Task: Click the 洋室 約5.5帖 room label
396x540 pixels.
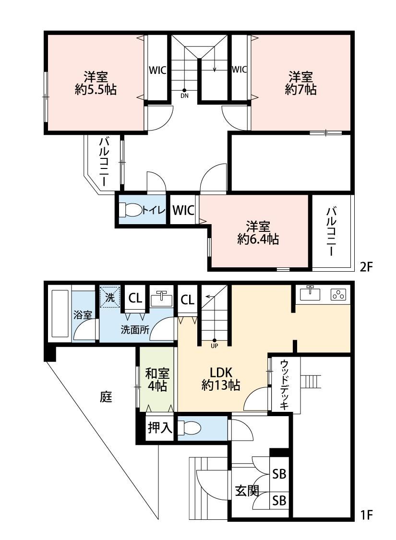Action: pos(96,83)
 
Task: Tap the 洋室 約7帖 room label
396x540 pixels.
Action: pos(300,83)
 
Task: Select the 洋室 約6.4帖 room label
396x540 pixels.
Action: pos(258,233)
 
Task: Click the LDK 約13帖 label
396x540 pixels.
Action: pos(221,379)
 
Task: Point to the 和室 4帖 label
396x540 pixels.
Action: pos(157,380)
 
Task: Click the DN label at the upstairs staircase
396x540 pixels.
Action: pos(185,96)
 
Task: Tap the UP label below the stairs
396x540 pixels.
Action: pos(214,346)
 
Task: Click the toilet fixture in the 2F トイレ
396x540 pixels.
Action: pos(131,210)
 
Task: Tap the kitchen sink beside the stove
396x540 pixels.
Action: pos(310,293)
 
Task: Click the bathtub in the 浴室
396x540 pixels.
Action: pos(61,314)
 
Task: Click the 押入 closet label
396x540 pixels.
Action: pos(160,428)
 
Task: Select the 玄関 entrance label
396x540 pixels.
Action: pos(247,491)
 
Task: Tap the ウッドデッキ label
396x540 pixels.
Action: pos(284,384)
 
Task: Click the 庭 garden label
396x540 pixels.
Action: pos(106,397)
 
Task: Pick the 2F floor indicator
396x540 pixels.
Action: pos(366,267)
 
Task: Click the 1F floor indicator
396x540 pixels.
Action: pos(366,515)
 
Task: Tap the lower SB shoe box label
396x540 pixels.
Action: pos(279,500)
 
